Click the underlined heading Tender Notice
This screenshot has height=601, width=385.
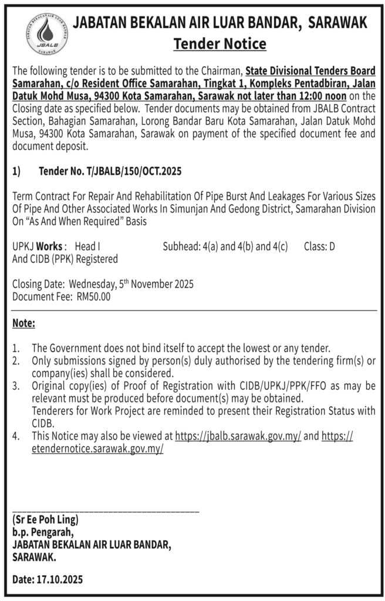[x=219, y=43]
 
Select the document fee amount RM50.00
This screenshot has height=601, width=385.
[x=93, y=297]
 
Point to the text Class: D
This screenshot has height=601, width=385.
[x=319, y=247]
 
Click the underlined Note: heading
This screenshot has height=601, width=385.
[x=23, y=323]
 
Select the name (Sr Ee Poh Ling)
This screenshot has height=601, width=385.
[x=45, y=520]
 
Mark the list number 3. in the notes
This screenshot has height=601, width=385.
[x=16, y=386]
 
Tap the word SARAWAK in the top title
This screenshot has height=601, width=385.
[x=338, y=23]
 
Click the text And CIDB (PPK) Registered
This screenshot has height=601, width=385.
[x=65, y=259]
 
